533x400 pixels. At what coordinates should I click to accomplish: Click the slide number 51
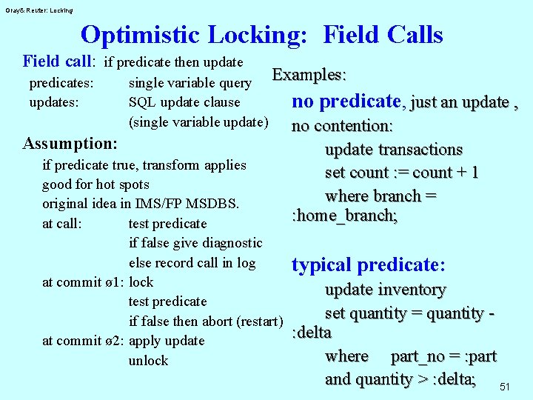[x=505, y=387]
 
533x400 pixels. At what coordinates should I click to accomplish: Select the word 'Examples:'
[x=309, y=76]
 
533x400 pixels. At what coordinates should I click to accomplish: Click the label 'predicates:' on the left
[x=61, y=83]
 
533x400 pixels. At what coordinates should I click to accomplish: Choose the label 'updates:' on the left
[x=53, y=102]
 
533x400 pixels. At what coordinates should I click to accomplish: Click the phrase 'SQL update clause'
[x=184, y=102]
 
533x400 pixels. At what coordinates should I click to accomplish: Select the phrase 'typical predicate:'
[x=369, y=265]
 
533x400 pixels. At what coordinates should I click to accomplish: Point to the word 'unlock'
[x=148, y=361]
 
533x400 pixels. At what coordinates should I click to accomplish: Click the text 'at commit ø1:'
[x=84, y=282]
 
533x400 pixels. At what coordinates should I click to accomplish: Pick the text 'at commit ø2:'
[x=84, y=341]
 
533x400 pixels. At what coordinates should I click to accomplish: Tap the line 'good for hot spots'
[x=95, y=184]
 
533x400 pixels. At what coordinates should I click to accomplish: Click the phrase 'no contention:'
[x=342, y=126]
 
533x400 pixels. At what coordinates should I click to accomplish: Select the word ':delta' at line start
[x=312, y=332]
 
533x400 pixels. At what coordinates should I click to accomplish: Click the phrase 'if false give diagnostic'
[x=195, y=243]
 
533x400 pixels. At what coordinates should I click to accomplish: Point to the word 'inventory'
[x=411, y=290]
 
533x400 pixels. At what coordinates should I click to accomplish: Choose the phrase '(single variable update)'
[x=198, y=121]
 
